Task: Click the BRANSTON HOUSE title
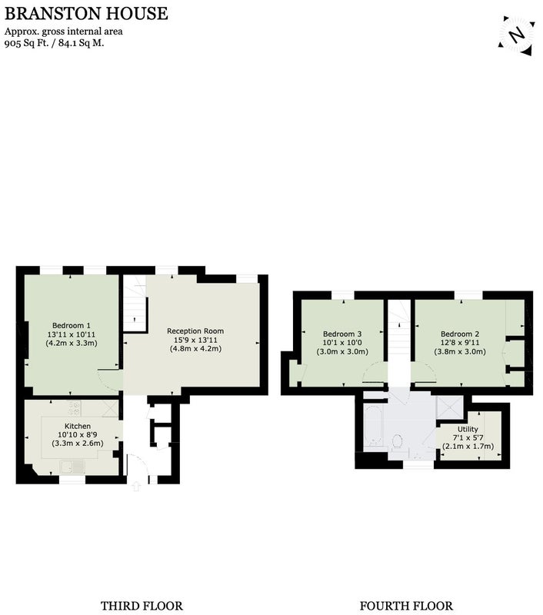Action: (x=86, y=13)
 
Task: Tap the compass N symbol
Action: (x=517, y=35)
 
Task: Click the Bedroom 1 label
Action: (x=72, y=325)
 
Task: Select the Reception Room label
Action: (x=195, y=331)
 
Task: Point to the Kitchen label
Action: (x=78, y=426)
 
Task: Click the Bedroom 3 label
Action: (x=342, y=334)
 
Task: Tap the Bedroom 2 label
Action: (x=460, y=334)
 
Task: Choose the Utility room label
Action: (x=468, y=429)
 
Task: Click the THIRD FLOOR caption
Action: (x=142, y=606)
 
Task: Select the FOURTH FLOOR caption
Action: (x=406, y=606)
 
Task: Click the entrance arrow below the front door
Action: (x=136, y=487)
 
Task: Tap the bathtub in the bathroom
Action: (x=374, y=428)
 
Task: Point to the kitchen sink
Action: (x=72, y=467)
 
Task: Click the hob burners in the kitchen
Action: (x=75, y=408)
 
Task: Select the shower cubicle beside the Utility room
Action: (x=450, y=408)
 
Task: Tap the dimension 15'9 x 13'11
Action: (x=195, y=340)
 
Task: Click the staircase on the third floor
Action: (x=135, y=303)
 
